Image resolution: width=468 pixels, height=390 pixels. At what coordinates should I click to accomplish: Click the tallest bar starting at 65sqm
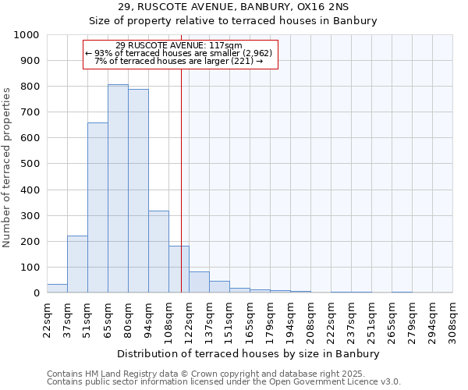[x=118, y=189]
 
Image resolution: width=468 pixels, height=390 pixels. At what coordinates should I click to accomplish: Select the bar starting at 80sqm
[x=138, y=191]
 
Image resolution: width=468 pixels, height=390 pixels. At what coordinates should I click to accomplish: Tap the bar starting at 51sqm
[x=97, y=207]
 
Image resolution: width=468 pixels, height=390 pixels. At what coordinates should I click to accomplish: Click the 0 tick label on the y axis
[x=37, y=293]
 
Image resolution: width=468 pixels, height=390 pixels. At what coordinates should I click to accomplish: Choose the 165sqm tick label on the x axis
[x=250, y=320]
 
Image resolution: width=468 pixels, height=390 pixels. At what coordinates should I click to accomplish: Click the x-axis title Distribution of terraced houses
[x=250, y=353]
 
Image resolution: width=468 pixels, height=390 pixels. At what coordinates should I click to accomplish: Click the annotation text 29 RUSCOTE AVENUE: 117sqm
[x=179, y=45]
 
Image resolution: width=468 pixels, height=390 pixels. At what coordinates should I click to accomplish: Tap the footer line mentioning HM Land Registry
[x=222, y=374]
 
